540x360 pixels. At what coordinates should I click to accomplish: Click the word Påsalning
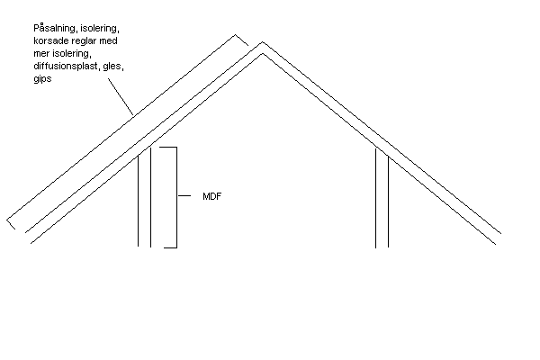(55, 28)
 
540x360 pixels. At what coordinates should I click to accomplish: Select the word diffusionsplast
(66, 66)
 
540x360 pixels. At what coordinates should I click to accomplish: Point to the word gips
(42, 79)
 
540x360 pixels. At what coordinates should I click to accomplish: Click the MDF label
(212, 196)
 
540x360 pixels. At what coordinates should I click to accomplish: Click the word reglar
(84, 40)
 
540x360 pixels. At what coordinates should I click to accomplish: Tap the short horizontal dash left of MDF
(184, 195)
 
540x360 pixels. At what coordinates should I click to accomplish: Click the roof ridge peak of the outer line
(263, 42)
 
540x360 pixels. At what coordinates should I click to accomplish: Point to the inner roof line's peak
(263, 53)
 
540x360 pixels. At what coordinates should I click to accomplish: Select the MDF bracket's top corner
(176, 148)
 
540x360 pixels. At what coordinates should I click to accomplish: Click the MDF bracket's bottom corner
(176, 247)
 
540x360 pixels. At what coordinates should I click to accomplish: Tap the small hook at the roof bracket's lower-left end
(11, 224)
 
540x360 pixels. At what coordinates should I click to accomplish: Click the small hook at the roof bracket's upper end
(242, 40)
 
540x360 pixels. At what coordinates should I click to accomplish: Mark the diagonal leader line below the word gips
(121, 97)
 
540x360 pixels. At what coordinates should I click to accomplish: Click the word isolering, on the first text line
(100, 28)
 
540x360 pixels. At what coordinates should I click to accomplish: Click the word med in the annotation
(109, 40)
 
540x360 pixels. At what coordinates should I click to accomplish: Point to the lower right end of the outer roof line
(501, 234)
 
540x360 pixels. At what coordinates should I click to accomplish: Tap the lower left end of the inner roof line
(31, 244)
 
